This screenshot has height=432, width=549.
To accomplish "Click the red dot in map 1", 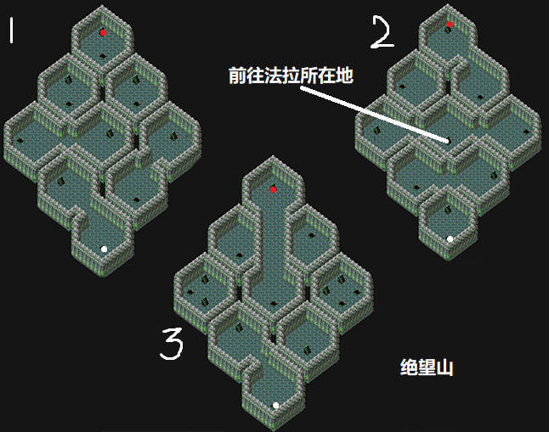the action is click(103, 32).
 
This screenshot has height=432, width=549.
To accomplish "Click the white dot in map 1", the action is click(104, 249).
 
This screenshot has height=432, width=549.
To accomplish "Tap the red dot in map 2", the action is click(450, 24).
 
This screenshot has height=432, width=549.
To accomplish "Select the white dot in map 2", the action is click(450, 239).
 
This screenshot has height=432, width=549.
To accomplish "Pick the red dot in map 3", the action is click(274, 189).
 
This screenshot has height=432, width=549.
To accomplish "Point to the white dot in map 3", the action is click(275, 406).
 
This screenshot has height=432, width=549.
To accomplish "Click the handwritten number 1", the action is click(12, 31).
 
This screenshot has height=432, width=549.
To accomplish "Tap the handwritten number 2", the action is click(382, 31).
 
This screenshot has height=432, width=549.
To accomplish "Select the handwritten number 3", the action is click(172, 344).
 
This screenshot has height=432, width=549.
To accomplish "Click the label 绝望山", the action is click(427, 367).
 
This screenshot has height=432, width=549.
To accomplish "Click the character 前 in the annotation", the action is click(237, 76).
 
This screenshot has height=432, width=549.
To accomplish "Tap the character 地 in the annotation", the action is click(344, 76).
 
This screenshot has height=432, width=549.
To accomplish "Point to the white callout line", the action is click(374, 115).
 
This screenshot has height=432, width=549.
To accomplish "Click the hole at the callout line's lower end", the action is click(448, 141).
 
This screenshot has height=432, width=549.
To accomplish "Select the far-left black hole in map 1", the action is click(20, 141).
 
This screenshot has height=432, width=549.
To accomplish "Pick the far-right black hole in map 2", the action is click(526, 132).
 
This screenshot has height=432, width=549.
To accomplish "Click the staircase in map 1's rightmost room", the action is click(173, 135).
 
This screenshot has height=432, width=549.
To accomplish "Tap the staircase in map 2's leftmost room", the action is click(376, 130).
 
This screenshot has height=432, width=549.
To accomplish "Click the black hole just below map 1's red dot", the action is click(103, 56).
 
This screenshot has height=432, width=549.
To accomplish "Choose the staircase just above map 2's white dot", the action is click(448, 210).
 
